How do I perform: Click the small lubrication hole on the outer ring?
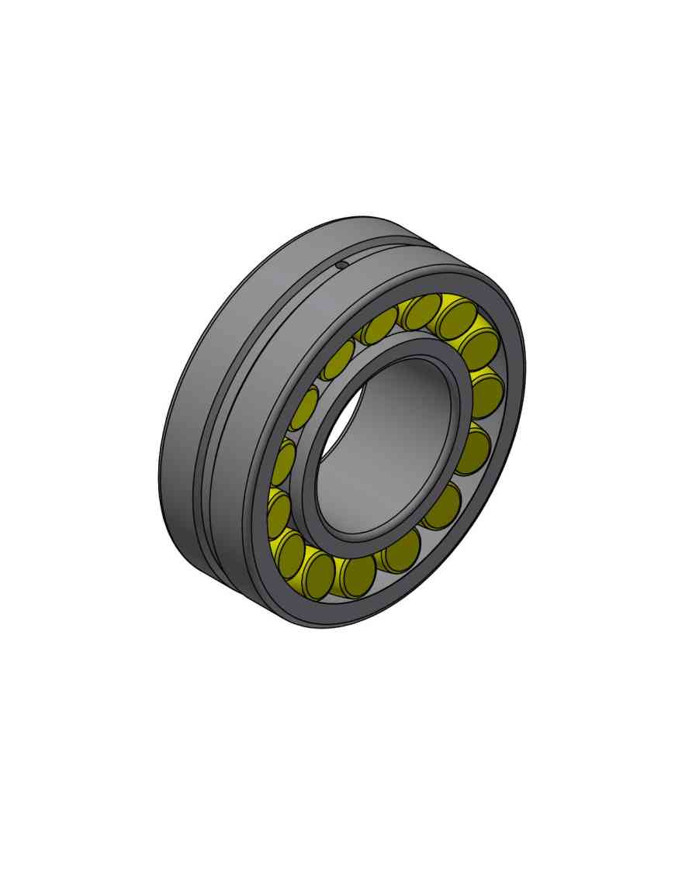[341, 266]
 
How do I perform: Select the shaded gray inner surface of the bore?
[403, 434]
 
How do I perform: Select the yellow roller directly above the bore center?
[424, 311]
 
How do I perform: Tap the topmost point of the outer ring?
[365, 216]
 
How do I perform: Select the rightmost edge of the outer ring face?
[525, 364]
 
